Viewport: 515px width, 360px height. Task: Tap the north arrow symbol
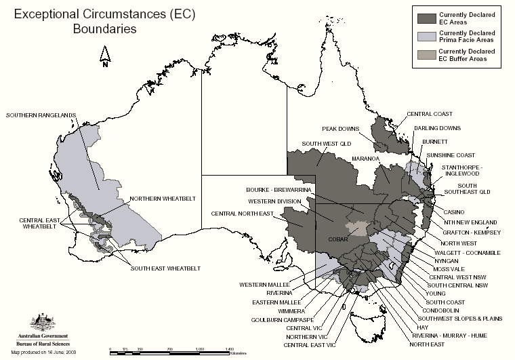pos(105,58)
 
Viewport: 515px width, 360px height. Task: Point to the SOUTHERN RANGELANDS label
pos(41,115)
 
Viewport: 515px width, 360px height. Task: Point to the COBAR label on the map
pos(357,239)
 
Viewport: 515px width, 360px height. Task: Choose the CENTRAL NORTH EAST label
pos(242,214)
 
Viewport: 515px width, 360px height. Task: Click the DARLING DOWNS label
pos(437,127)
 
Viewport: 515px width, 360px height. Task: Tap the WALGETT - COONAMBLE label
pos(468,252)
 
